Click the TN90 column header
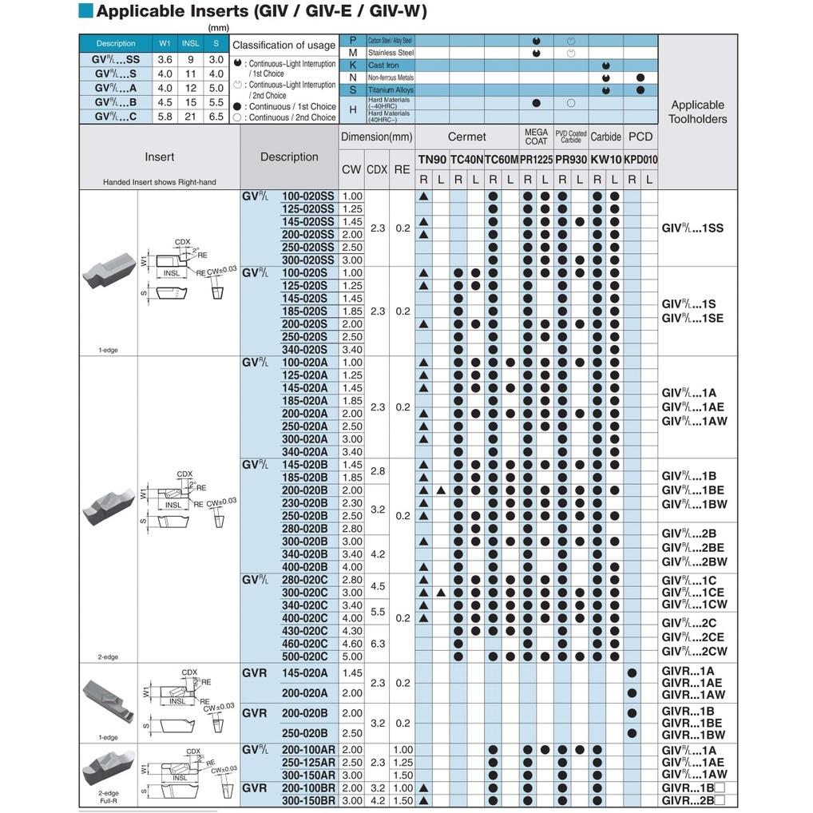click(x=432, y=160)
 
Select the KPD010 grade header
click(x=640, y=160)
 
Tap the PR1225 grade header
click(x=536, y=160)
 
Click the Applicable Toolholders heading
click(x=697, y=112)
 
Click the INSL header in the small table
click(x=190, y=43)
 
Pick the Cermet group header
click(x=466, y=137)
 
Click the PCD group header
click(x=640, y=137)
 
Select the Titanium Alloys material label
click(x=391, y=90)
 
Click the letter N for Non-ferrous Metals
click(x=353, y=77)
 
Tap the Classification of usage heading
click(x=284, y=46)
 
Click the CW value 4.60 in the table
click(x=352, y=644)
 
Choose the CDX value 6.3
click(x=377, y=644)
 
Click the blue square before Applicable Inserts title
click(x=86, y=10)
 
